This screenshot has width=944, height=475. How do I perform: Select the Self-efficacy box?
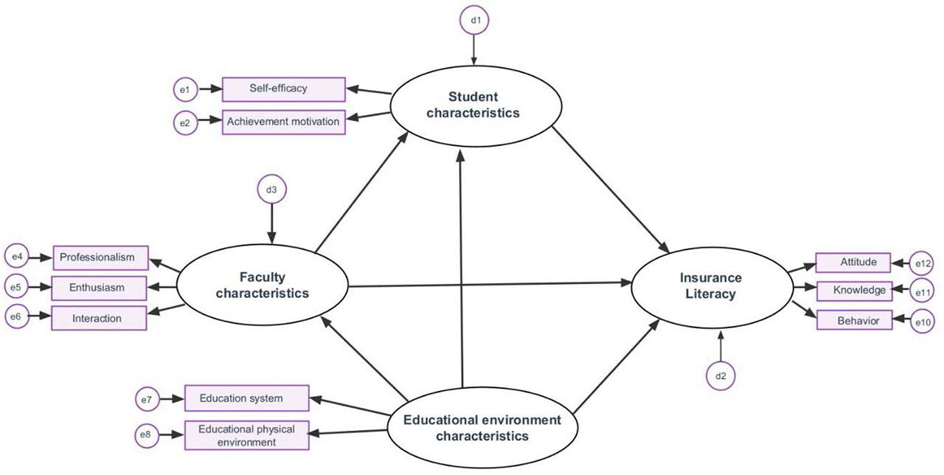coord(284,89)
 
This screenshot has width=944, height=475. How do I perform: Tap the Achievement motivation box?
coord(284,122)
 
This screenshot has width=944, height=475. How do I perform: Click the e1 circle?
coord(185,90)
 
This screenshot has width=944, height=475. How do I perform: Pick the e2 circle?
coord(185,122)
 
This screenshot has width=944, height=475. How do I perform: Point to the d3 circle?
coord(272,190)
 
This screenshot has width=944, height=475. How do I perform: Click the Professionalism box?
coord(100,257)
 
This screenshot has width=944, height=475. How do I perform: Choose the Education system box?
coord(246,398)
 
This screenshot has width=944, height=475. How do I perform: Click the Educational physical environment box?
coord(246,435)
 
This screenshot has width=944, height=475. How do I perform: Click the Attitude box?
coord(858,263)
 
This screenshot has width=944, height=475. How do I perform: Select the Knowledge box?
coord(858,291)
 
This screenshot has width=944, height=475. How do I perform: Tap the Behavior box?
coord(858,321)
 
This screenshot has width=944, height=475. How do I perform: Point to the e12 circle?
coord(923,263)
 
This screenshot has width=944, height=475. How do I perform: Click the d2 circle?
coord(721,376)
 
